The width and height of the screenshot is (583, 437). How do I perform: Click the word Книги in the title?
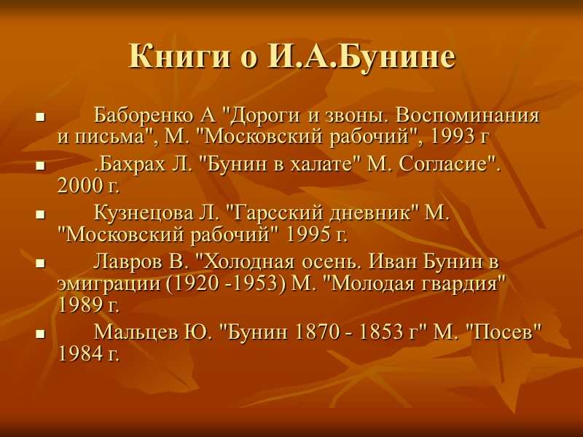click(174, 56)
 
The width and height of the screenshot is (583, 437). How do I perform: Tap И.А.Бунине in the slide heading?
click(361, 56)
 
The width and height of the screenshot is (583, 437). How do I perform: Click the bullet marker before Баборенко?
click(41, 117)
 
